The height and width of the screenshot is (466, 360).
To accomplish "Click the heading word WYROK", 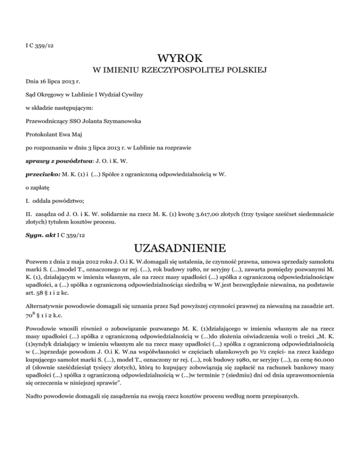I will pos(180,59).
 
